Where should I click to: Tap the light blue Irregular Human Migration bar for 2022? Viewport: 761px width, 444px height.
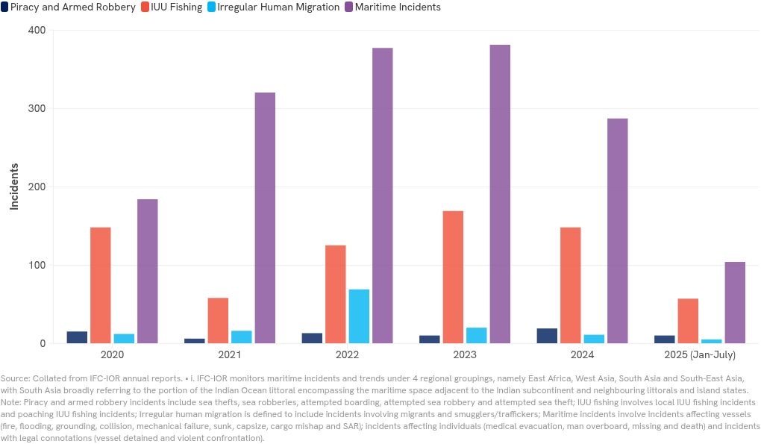359,316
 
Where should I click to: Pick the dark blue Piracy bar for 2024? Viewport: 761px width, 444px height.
547,336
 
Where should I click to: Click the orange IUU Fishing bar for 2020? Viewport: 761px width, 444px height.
101,285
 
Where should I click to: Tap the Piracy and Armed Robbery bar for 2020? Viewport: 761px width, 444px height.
77,337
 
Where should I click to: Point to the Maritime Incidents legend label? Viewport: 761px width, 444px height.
398,7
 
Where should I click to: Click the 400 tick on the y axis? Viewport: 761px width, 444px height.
37,31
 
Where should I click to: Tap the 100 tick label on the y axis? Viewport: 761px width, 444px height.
37,266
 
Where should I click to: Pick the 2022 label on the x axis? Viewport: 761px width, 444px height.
347,354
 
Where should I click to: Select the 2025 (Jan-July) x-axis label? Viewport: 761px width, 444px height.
700,354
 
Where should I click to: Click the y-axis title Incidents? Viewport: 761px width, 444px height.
14,187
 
